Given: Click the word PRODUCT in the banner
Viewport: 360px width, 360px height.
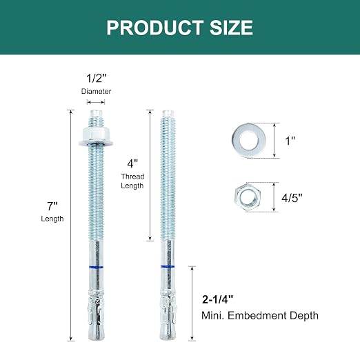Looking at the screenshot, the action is coord(155,28).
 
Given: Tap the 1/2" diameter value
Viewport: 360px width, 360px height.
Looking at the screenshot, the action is coord(97,78).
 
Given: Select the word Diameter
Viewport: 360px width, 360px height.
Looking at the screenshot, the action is coord(96,91).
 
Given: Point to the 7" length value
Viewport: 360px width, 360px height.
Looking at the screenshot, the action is coord(52,206).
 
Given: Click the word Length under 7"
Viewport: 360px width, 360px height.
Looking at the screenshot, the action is coord(52,219).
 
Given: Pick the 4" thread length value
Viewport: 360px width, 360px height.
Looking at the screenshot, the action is coord(132,163).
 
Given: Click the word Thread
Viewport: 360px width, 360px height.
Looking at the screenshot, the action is coord(132,177).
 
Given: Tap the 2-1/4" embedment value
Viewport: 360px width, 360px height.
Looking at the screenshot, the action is coord(217,299).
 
